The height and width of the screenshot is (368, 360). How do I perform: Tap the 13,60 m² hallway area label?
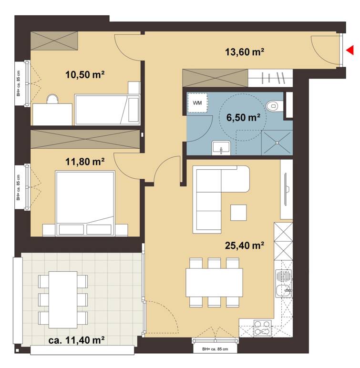[245, 52]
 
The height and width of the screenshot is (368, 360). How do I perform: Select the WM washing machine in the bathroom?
[197, 103]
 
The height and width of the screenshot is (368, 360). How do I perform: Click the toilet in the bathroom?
[273, 105]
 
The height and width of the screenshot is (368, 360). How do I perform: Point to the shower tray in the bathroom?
[277, 142]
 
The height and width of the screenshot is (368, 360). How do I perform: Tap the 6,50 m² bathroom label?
[245, 118]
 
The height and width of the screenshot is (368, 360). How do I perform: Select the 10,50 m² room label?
[85, 74]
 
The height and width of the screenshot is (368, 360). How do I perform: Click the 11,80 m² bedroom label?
[85, 162]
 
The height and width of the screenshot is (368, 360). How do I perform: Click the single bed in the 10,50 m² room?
[107, 109]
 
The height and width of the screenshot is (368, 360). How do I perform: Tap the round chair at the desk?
[52, 99]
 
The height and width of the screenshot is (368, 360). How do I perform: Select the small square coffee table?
[238, 212]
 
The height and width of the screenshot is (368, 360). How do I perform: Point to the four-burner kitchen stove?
[262, 328]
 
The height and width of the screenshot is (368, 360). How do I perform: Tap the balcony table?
[63, 299]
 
